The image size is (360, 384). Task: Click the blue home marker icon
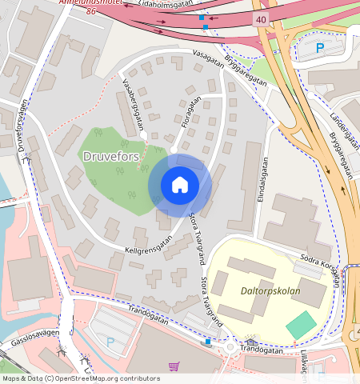pos(180,185)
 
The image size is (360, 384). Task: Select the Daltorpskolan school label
pos(270,291)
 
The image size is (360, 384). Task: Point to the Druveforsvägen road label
pos(18,127)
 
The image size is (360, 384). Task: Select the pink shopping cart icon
pos(174,366)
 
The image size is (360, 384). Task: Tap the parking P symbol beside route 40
pos(320,48)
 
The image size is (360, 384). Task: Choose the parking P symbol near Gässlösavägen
pos(110,342)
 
